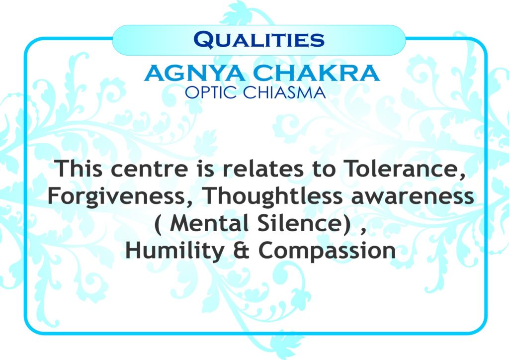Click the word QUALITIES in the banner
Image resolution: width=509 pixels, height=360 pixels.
258,40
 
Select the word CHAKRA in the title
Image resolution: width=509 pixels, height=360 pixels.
317,73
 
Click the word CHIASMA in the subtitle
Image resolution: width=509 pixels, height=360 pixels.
284,92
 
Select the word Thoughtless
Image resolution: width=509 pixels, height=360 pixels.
273,196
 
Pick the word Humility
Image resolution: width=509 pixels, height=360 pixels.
174,251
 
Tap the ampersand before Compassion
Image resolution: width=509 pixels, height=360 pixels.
241,251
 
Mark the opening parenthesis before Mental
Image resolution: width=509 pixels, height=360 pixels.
158,224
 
